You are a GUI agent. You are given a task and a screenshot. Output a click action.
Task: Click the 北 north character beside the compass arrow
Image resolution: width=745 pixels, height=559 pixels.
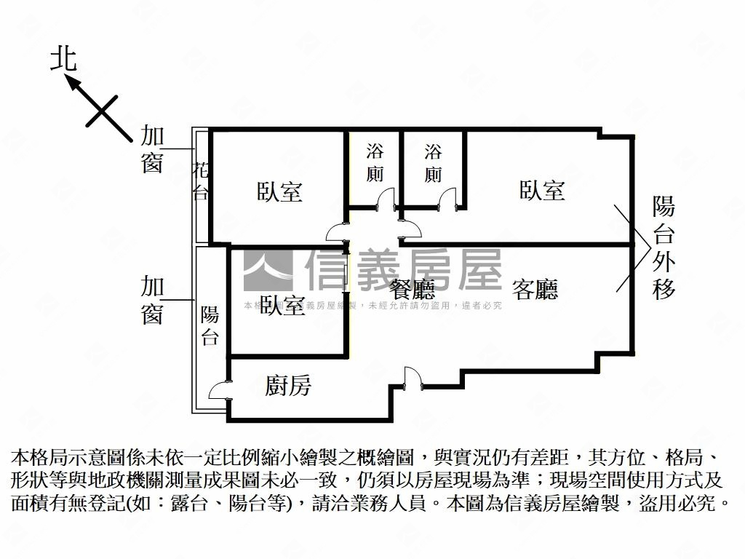63,59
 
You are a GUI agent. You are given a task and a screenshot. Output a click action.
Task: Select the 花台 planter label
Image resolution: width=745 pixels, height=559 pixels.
201,181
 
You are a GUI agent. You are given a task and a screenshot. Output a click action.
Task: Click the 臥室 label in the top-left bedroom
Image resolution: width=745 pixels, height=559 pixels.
279,191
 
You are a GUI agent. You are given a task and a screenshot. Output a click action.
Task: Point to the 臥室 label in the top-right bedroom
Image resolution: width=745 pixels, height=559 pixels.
542,191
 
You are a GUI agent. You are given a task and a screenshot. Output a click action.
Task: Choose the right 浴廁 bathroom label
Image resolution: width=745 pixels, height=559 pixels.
434,163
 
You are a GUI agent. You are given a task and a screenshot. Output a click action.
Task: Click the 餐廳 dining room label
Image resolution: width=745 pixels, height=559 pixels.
413,290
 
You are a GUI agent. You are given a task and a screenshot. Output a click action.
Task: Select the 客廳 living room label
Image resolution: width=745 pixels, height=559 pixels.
535,290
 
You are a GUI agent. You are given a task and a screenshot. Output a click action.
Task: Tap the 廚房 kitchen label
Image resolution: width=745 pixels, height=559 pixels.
288,386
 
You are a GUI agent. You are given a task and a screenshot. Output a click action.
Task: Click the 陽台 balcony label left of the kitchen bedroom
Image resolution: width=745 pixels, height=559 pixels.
210,325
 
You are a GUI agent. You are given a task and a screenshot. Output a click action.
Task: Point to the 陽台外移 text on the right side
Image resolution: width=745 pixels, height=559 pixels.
664,248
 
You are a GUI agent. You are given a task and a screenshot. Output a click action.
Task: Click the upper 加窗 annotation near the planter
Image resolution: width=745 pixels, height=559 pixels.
152,149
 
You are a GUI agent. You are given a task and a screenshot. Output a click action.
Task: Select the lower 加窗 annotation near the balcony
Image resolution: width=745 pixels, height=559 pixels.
152,299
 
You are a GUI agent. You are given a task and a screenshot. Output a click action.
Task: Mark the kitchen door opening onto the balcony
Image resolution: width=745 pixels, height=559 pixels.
219,391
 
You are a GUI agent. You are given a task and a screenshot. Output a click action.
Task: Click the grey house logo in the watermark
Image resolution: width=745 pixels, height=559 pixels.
267,271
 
